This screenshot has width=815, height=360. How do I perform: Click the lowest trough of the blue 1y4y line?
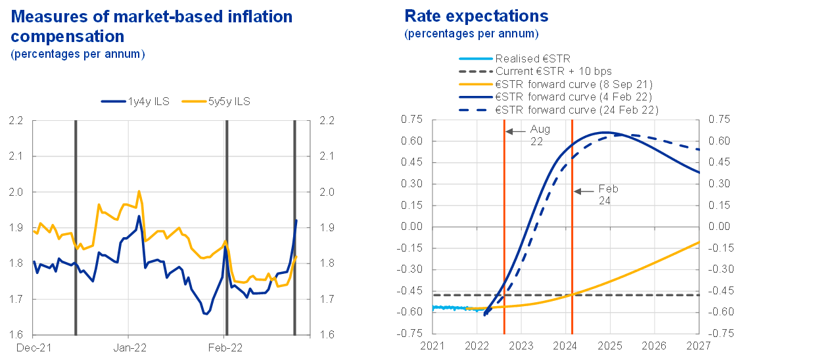click(206, 314)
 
